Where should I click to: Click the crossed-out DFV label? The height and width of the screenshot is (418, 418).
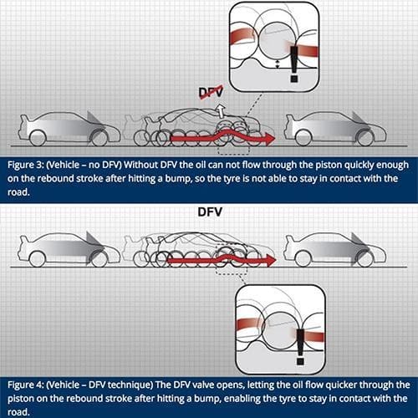pyautogui.click(x=212, y=92)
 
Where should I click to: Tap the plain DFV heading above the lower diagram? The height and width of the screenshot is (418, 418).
pyautogui.click(x=210, y=212)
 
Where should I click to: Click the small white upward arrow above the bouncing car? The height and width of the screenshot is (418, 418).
pyautogui.click(x=221, y=110)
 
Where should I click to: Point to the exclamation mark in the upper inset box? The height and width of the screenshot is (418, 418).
pyautogui.click(x=294, y=64)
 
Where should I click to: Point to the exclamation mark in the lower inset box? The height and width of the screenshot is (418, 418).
pyautogui.click(x=300, y=346)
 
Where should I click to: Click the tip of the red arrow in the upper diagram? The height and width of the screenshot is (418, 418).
pyautogui.click(x=275, y=139)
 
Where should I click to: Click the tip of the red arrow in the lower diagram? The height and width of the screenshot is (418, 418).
pyautogui.click(x=276, y=260)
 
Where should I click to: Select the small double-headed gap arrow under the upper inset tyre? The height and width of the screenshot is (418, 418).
pyautogui.click(x=277, y=64)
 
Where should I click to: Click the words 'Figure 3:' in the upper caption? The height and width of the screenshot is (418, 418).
pyautogui.click(x=24, y=165)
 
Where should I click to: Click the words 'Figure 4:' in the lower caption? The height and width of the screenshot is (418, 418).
pyautogui.click(x=25, y=385)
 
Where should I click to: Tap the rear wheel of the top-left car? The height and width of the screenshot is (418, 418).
pyautogui.click(x=38, y=138)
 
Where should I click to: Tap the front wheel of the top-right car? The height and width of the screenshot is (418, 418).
pyautogui.click(x=365, y=138)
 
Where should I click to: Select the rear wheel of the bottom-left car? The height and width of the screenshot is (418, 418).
pyautogui.click(x=38, y=259)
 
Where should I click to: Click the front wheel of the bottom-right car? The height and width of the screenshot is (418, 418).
pyautogui.click(x=364, y=259)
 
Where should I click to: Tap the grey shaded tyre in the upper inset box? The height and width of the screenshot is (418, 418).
pyautogui.click(x=277, y=41)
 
